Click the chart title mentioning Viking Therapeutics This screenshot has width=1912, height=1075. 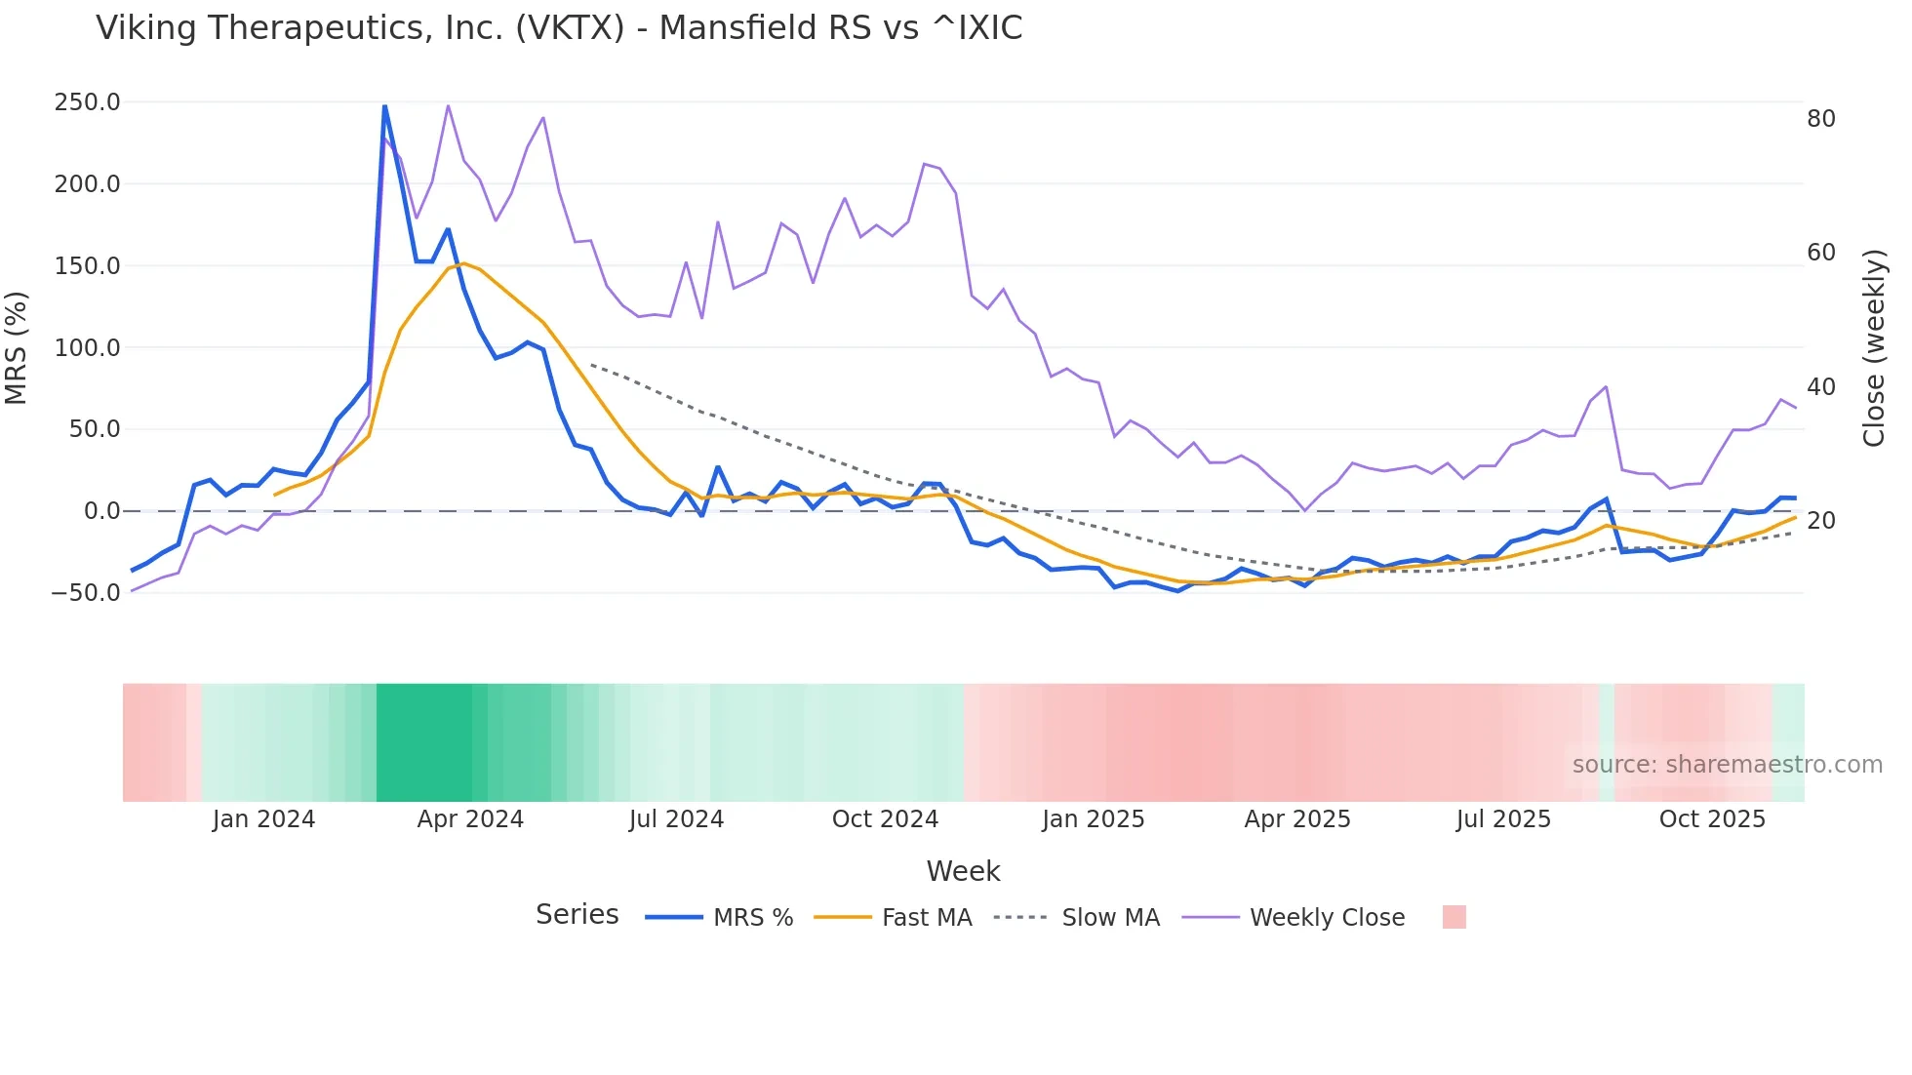click(x=559, y=28)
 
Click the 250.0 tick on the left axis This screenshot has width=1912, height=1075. click(x=87, y=102)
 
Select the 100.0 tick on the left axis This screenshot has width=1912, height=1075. click(x=87, y=347)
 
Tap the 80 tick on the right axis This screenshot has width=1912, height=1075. click(x=1820, y=119)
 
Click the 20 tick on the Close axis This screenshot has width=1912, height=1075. click(x=1820, y=521)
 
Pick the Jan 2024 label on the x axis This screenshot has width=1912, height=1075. click(x=263, y=819)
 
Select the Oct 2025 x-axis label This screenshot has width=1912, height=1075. click(x=1712, y=819)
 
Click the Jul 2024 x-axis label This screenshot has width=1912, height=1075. click(x=676, y=819)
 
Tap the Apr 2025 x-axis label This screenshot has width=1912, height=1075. click(x=1297, y=819)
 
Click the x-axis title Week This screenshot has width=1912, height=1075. click(x=963, y=871)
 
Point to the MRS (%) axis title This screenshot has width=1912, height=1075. click(x=17, y=347)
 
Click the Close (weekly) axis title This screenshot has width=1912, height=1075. click(x=1873, y=347)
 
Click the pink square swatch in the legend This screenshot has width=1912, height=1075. click(x=1454, y=917)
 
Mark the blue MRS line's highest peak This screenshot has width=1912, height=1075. click(x=384, y=105)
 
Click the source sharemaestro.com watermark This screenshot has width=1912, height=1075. click(x=1727, y=765)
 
